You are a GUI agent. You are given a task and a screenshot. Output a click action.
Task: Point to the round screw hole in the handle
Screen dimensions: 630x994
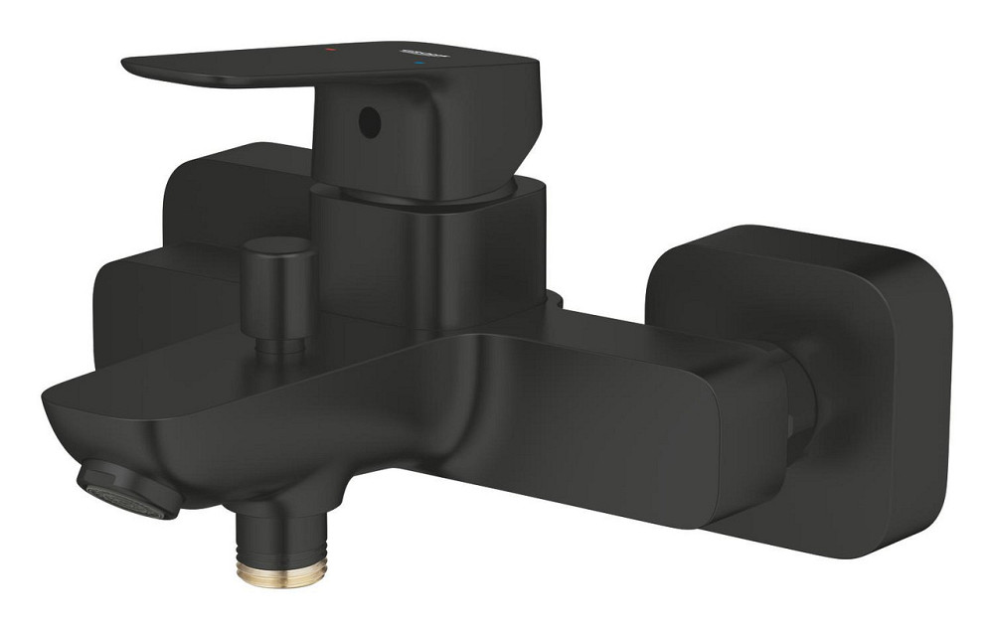[369, 124]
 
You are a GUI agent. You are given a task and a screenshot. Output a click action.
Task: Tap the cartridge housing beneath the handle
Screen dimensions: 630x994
[427, 253]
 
